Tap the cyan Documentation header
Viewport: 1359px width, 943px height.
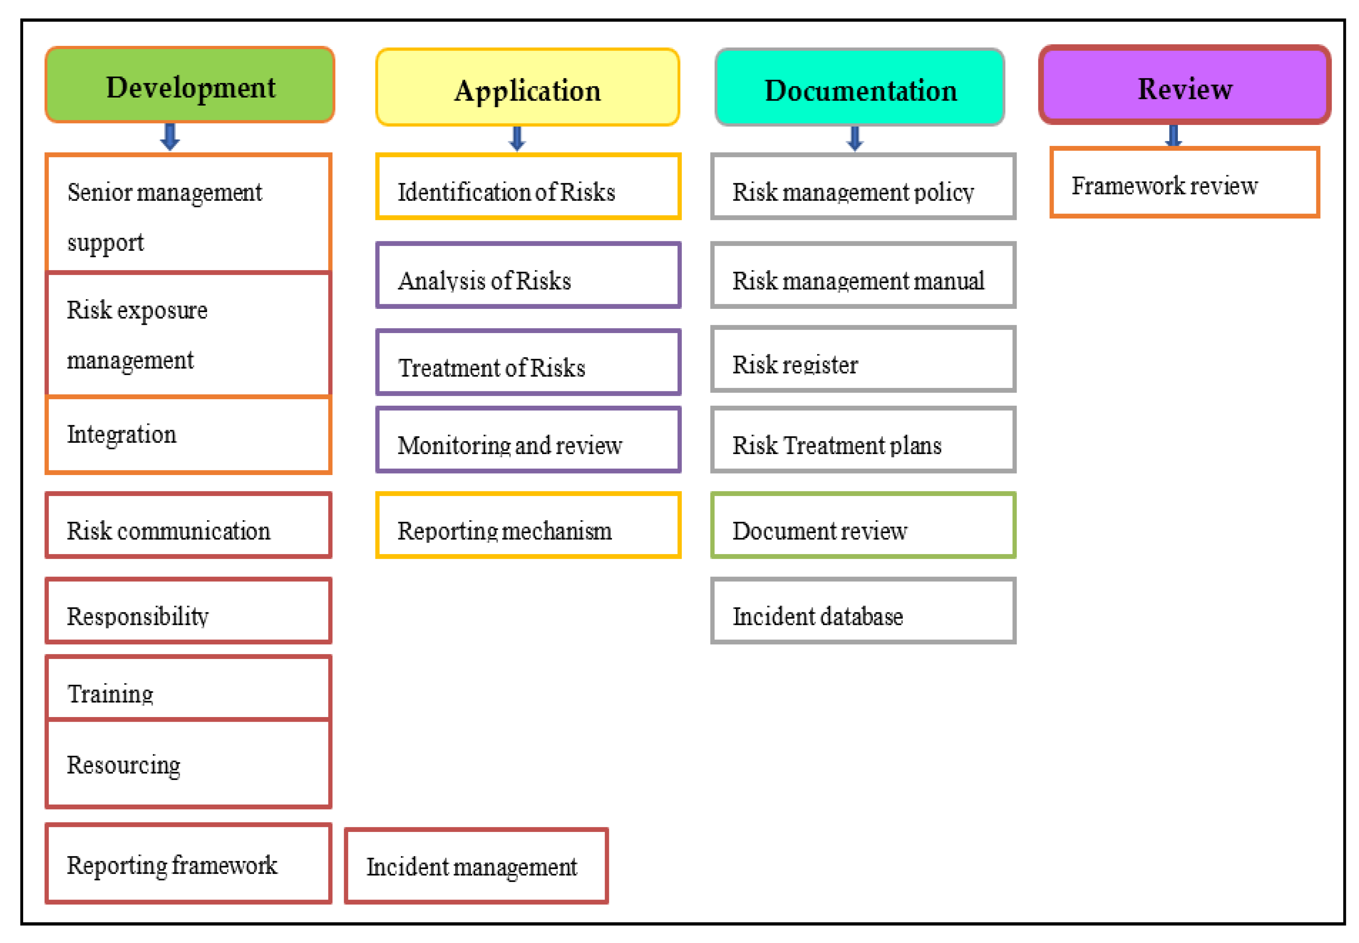[x=860, y=88]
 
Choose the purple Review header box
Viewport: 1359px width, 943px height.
[x=1184, y=86]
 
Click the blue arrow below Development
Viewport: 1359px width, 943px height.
[x=170, y=137]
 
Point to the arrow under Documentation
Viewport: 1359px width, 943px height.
[x=854, y=138]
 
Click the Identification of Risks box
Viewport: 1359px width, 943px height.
[x=528, y=187]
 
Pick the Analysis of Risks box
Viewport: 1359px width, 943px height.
[x=528, y=275]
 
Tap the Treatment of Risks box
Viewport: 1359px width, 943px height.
[x=528, y=363]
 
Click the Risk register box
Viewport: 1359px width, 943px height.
[x=863, y=359]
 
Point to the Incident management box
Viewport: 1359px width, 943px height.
[x=476, y=866]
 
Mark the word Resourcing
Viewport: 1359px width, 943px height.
[x=123, y=765]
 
